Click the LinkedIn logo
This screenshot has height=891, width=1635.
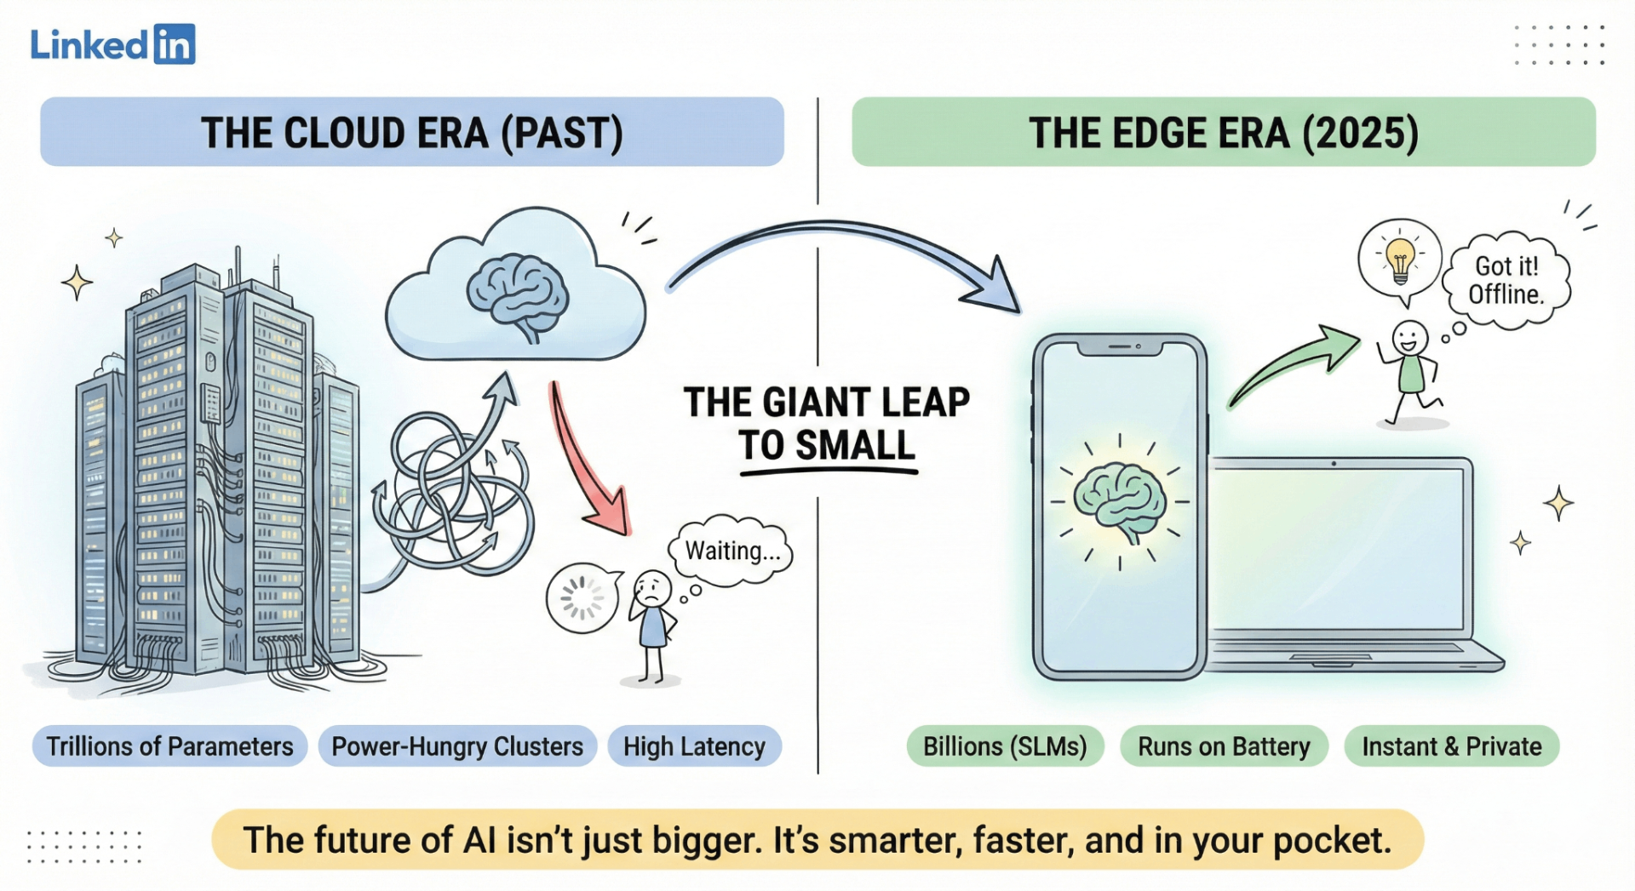tap(112, 44)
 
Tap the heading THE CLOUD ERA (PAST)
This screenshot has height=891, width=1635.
tap(412, 133)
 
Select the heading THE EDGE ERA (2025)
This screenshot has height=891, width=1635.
tap(1224, 133)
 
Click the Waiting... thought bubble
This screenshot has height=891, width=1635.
tap(731, 551)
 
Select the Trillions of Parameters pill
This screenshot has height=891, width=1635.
tap(169, 746)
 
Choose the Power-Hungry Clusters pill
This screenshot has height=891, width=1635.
tap(457, 746)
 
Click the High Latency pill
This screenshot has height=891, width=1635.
tap(694, 746)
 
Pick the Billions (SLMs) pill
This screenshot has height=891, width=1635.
tap(1005, 746)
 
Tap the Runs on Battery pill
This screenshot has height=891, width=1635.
tap(1224, 746)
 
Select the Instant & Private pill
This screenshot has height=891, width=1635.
tap(1451, 746)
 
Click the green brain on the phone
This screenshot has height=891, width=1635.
tap(1119, 502)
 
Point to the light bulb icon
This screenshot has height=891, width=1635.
tap(1400, 260)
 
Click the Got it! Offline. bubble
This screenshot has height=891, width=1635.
tap(1506, 280)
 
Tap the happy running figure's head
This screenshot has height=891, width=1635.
tap(1409, 339)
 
